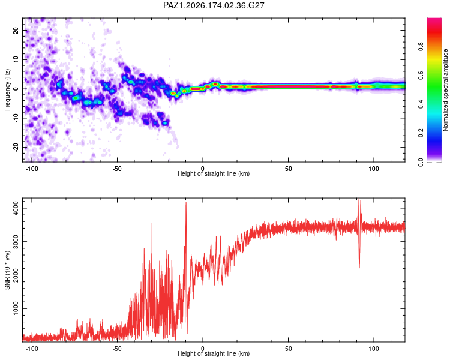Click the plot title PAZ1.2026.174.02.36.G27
(x=214, y=5)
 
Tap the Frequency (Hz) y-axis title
(x=7, y=90)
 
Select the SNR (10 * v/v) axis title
(x=7, y=270)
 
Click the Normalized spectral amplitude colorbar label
(x=445, y=90)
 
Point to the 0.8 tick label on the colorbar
(x=421, y=46)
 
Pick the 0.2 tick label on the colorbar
(x=421, y=133)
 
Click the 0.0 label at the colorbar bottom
(x=421, y=162)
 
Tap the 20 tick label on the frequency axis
(x=16, y=30)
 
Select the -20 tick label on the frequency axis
(x=16, y=148)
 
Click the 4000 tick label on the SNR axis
(x=16, y=208)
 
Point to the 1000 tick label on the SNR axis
(x=16, y=308)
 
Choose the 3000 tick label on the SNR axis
(x=16, y=241)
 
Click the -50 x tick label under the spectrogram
(x=117, y=169)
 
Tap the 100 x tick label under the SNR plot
(x=374, y=349)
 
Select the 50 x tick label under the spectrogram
(x=288, y=169)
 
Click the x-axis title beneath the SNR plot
(x=214, y=353)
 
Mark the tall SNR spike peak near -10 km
(x=186, y=202)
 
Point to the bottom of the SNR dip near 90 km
(x=359, y=268)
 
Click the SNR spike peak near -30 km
(x=151, y=223)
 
